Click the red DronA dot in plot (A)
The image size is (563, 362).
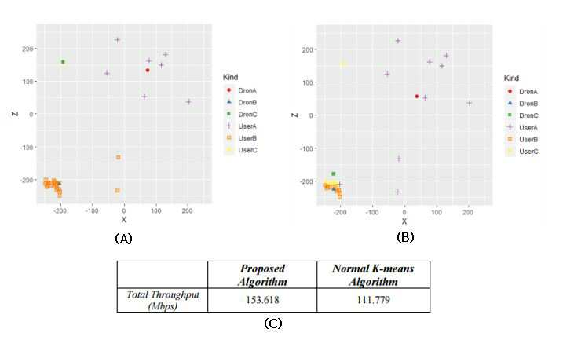[148, 71]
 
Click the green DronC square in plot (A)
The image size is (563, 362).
[63, 62]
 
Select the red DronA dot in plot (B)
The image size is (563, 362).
[416, 97]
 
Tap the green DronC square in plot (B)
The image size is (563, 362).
[333, 174]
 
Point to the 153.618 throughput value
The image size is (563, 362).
[262, 300]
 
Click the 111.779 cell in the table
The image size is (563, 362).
[374, 300]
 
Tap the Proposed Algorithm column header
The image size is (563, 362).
[262, 275]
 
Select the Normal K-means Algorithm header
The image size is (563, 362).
[373, 275]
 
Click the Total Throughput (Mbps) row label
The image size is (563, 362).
[163, 300]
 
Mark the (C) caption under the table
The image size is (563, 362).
[273, 324]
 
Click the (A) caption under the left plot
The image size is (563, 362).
[123, 239]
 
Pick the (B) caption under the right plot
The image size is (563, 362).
[405, 237]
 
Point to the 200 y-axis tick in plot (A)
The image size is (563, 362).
[27, 49]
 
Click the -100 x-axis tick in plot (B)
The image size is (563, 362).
[372, 212]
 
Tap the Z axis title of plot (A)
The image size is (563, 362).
[15, 114]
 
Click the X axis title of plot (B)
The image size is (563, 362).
[404, 221]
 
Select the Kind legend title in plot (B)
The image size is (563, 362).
[511, 78]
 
